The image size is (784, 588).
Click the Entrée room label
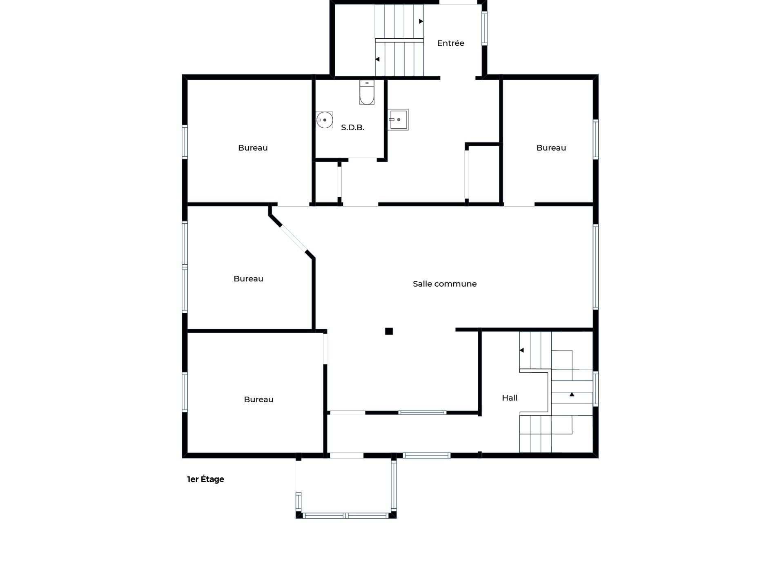point(450,43)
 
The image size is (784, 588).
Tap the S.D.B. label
point(352,127)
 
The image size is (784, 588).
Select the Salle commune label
point(445,284)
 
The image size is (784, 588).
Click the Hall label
point(510,398)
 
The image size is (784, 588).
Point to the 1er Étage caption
point(205,479)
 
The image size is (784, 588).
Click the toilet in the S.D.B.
point(367,92)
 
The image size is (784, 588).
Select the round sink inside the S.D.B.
point(324,120)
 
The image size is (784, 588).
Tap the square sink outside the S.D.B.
point(398,120)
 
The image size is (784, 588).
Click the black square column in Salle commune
point(389,331)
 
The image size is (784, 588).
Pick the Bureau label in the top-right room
point(551,148)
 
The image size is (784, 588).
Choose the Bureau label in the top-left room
point(253,148)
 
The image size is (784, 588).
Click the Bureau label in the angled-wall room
point(248,279)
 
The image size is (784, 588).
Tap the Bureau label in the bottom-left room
point(258,399)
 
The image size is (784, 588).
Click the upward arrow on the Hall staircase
point(572,394)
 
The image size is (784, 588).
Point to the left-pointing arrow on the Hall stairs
point(521,350)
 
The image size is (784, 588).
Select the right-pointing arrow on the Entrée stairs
point(421,21)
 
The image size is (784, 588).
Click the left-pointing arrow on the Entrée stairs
point(377,59)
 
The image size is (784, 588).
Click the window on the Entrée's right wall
point(485,28)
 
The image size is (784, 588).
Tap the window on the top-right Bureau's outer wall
point(596,139)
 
